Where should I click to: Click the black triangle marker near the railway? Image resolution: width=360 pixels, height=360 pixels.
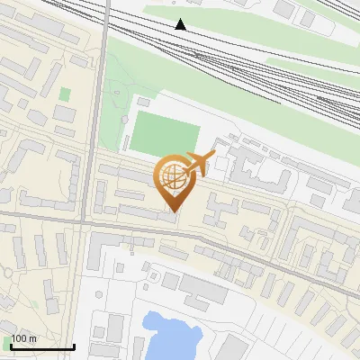click(181, 24)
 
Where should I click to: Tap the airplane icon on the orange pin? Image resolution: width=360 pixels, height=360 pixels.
click(199, 161)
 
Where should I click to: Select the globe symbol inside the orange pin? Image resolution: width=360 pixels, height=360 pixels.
click(172, 177)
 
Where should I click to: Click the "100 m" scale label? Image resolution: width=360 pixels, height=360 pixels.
click(23, 338)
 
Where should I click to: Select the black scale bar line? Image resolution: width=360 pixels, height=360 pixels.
click(41, 346)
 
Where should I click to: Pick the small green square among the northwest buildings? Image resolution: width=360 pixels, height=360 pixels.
click(65, 93)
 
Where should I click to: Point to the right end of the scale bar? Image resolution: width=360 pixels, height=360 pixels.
click(74, 346)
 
